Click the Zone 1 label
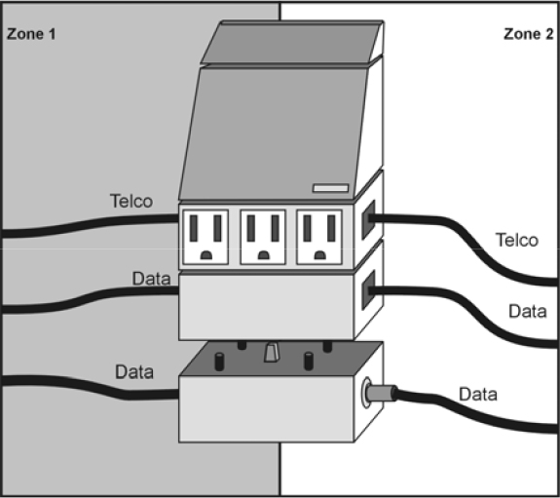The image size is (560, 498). [31, 34]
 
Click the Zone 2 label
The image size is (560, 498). [528, 34]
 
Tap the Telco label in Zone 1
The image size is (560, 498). [131, 201]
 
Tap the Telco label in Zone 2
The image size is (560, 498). [517, 240]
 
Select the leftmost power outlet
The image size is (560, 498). [205, 237]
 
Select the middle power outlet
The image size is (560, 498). [263, 237]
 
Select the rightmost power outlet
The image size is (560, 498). [319, 237]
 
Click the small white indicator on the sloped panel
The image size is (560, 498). [331, 188]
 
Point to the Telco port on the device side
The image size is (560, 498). [368, 219]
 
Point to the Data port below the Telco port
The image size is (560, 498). [368, 289]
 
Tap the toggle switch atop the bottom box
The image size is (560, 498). [272, 353]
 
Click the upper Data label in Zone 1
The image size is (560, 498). [151, 279]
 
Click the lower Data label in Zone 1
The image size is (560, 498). [134, 372]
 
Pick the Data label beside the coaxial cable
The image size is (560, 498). [478, 395]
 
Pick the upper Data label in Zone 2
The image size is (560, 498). [528, 312]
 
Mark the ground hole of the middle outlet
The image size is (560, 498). [264, 255]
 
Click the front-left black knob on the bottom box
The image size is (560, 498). [219, 362]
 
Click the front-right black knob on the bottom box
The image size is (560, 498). [309, 362]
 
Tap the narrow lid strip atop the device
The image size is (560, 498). [292, 42]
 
